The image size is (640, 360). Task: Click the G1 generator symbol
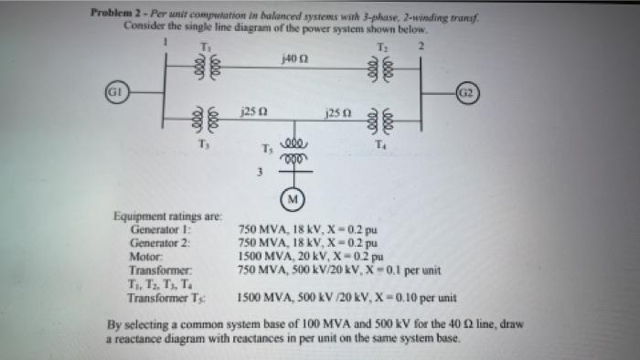click(x=114, y=93)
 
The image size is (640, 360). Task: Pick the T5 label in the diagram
click(x=266, y=149)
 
